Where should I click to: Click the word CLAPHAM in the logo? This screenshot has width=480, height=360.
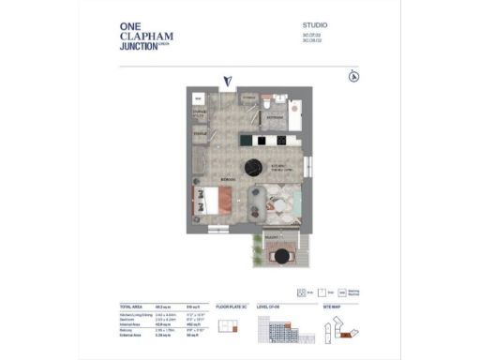coord(146,37)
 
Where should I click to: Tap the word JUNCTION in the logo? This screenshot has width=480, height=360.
coord(139,47)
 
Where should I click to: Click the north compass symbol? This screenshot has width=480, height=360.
coord(353,77)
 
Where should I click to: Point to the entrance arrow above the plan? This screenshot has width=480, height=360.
coord(227,82)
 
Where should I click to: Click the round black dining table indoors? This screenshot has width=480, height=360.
coord(252,167)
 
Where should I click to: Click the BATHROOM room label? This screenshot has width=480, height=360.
coord(273,120)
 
